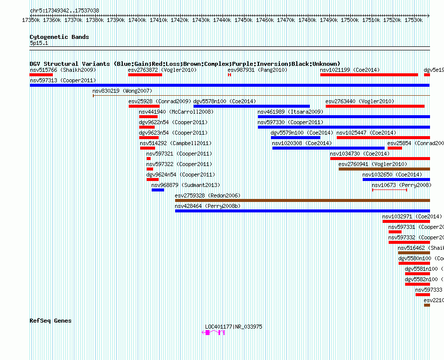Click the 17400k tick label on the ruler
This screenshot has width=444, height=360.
137,20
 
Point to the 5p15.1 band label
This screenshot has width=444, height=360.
38,43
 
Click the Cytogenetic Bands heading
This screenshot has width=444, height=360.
59,37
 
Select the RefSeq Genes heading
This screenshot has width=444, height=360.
50,321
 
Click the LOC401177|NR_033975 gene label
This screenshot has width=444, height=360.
233,327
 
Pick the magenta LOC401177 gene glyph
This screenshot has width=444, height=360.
213,333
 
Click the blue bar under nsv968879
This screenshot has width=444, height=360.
158,190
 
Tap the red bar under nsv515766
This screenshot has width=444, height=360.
41,75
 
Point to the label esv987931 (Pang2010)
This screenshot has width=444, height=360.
257,70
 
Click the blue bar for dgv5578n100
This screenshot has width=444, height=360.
251,106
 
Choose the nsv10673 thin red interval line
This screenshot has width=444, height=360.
389,190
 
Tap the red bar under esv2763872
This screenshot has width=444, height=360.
145,75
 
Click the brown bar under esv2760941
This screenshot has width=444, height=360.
384,169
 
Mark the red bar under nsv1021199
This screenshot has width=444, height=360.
369,75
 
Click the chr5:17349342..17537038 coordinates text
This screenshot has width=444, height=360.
64,10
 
